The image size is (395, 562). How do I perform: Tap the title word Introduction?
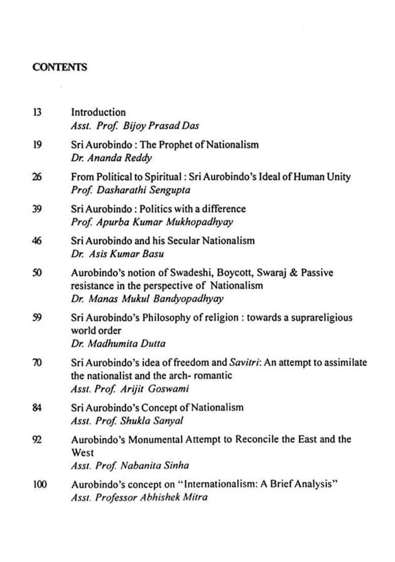(98, 112)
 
